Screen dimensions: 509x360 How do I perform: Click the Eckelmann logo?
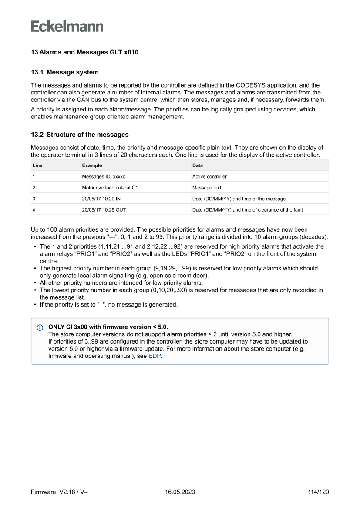pos(67,26)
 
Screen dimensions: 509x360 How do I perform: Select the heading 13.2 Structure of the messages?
pos(79,135)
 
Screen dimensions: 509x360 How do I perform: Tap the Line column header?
pos(37,165)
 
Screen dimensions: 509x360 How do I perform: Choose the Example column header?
pos(92,165)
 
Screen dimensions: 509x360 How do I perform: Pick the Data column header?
pos(198,165)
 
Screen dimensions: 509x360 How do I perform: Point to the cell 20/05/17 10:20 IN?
pos(102,199)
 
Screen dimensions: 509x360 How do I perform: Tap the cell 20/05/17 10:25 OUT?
pos(104,209)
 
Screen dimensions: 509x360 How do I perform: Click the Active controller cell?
pos(209,176)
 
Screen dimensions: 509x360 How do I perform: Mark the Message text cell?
pos(207,188)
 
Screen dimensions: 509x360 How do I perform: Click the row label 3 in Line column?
pos(34,199)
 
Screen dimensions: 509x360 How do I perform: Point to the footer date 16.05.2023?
pos(180,492)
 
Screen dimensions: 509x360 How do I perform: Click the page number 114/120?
pos(318,492)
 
